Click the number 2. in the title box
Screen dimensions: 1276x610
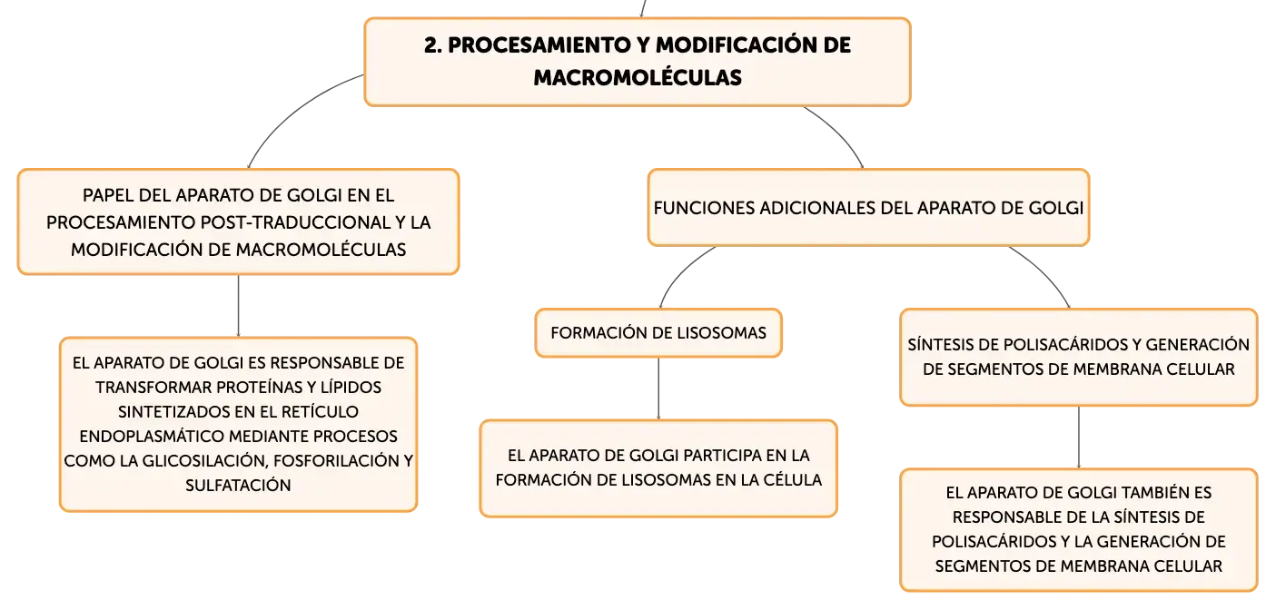(x=432, y=45)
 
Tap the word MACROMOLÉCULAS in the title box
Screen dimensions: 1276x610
(x=638, y=77)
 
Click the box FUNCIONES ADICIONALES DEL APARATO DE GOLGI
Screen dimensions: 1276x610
(x=869, y=208)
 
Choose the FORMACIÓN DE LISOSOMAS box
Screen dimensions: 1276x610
(x=658, y=333)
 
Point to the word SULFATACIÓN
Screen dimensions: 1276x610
(x=238, y=486)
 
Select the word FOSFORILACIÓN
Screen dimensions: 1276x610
(x=337, y=461)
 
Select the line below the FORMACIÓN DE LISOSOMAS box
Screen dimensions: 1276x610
(x=658, y=389)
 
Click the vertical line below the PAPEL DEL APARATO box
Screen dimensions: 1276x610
(x=238, y=306)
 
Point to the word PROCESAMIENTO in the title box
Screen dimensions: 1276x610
(x=531, y=45)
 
